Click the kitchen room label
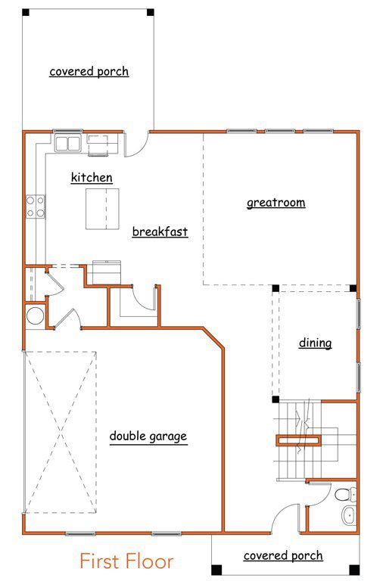pyautogui.click(x=92, y=178)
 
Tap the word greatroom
pyautogui.click(x=276, y=203)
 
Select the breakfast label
pyautogui.click(x=160, y=231)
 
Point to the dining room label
pyautogui.click(x=315, y=343)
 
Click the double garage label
pyautogui.click(x=148, y=436)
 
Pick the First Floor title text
pyautogui.click(x=126, y=561)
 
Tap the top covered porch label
pyautogui.click(x=89, y=71)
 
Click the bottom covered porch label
pyautogui.click(x=283, y=556)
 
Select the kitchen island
pyautogui.click(x=102, y=209)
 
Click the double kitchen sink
pyautogui.click(x=68, y=143)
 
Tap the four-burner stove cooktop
pyautogui.click(x=36, y=207)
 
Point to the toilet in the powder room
pyautogui.click(x=346, y=495)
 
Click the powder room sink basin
pyautogui.click(x=349, y=514)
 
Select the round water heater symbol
pyautogui.click(x=36, y=317)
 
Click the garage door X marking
pyautogui.click(x=61, y=433)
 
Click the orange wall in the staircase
pyautogui.click(x=298, y=440)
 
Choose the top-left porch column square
pyautogui.click(x=26, y=12)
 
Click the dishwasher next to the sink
pyautogui.click(x=98, y=144)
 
